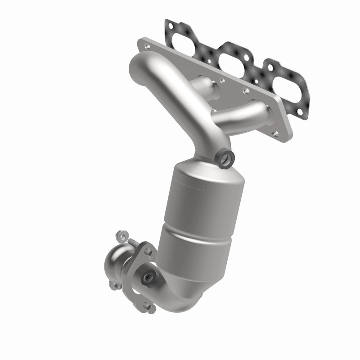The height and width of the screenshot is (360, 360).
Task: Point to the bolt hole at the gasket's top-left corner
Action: pos(170,26)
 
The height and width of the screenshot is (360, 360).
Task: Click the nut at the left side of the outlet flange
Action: pos(114,284)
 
